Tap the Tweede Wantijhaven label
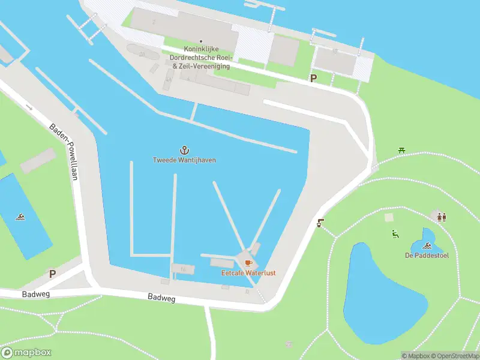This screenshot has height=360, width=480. (184, 160)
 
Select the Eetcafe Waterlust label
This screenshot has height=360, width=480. (248, 273)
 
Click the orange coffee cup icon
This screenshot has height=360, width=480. (248, 263)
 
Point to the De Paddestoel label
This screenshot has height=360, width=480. (427, 256)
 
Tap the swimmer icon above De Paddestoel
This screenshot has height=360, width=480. (427, 245)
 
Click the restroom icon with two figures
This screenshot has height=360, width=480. (442, 217)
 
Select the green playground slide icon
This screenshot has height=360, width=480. (395, 234)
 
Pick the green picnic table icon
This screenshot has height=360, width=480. (401, 150)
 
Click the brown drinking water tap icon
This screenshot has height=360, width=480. (320, 223)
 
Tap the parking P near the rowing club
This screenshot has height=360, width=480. (313, 78)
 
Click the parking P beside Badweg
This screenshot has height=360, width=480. (52, 274)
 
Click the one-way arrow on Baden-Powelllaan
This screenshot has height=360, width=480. (29, 107)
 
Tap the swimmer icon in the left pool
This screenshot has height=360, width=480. (21, 217)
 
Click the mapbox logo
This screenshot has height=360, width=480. (27, 353)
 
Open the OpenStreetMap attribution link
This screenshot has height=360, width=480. (454, 356)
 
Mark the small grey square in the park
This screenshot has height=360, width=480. (389, 217)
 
